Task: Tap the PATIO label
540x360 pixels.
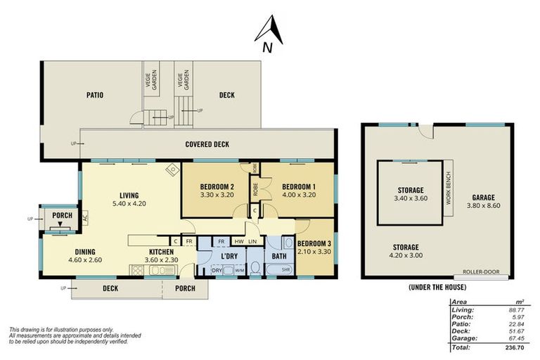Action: [x=95, y=95]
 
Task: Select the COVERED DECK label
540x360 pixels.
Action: [x=207, y=144]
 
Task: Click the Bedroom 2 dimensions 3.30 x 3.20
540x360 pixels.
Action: [x=217, y=195]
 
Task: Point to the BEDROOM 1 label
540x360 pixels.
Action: [x=299, y=187]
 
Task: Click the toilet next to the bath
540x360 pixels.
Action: [x=255, y=268]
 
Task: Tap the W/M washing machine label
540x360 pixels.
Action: [x=239, y=271]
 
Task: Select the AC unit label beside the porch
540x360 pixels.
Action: [x=85, y=218]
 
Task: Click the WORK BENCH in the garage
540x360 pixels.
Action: [x=448, y=188]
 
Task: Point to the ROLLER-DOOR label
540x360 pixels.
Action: [x=481, y=271]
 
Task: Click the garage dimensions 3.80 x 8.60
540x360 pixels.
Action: [x=483, y=206]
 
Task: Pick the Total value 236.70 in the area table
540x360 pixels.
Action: [x=515, y=347]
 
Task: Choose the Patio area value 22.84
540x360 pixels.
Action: [x=517, y=324]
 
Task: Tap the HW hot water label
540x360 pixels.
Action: [x=239, y=241]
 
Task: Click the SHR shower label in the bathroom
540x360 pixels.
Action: [x=286, y=270]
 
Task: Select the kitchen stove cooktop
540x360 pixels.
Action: [x=138, y=270]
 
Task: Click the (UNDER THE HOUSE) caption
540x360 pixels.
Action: [x=437, y=287]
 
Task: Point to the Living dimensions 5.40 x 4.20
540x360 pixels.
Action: [x=129, y=204]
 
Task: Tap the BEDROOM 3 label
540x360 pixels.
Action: [x=314, y=243]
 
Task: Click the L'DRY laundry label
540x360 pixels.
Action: [x=229, y=257]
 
